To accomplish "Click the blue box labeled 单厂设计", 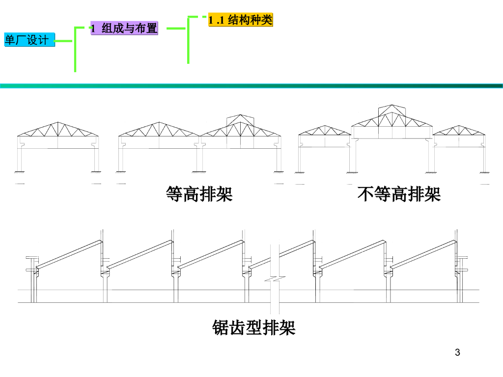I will pos(28,40).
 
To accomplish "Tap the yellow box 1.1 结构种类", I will pos(240,20).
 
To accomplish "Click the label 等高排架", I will pos(199,194).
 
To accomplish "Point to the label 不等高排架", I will pos(399,194).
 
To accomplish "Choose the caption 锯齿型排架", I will pos(254,327).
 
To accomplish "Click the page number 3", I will pos(458,352).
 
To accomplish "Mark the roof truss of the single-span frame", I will pos(58,130).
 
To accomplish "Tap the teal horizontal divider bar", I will pos(251,86).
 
